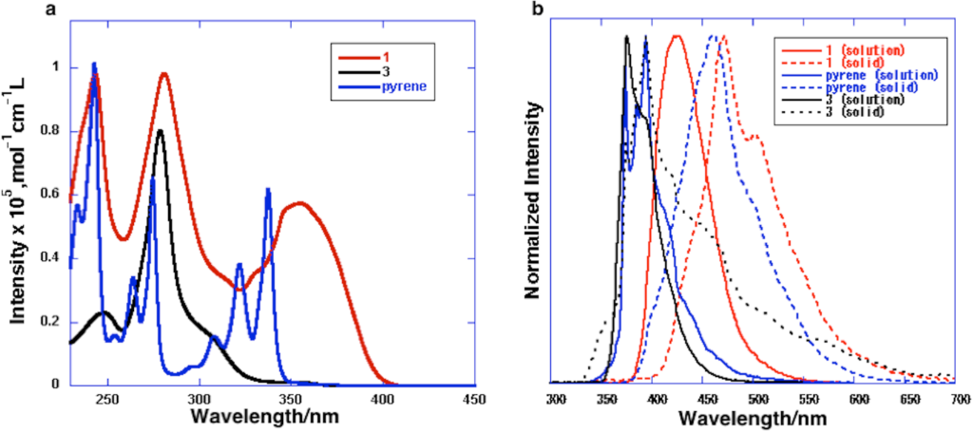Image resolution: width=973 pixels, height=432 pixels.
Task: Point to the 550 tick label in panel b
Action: click(808, 398)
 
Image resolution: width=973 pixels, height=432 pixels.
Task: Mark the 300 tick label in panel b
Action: click(556, 398)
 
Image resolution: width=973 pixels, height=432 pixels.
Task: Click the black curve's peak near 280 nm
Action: click(161, 130)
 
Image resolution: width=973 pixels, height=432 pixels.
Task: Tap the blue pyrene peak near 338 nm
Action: click(268, 190)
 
